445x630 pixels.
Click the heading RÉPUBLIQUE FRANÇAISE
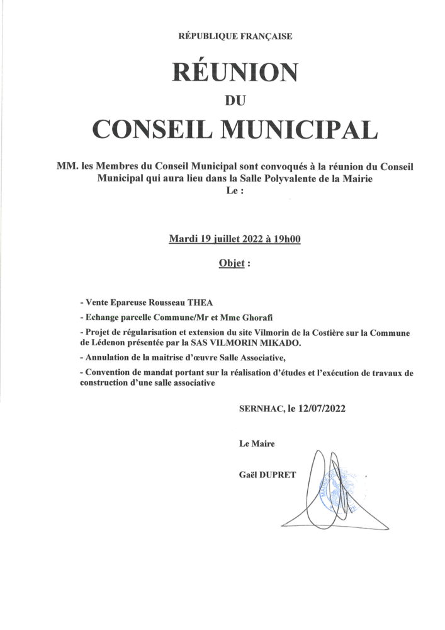click(x=235, y=37)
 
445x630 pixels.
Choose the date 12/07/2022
click(x=320, y=408)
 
